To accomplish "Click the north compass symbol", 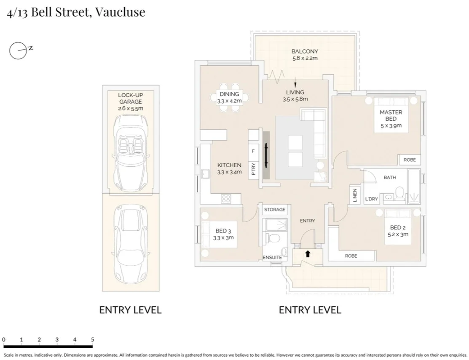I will pos(16,51).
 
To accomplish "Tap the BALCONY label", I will pos(305,52).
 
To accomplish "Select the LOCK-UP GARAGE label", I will pos(130,99).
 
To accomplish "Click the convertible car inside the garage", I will pos(131,152).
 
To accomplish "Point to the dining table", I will pos(229,101).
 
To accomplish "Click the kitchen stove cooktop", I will pos(226,198).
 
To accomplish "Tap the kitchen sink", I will pos(205,173).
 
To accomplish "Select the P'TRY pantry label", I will pos(253,169).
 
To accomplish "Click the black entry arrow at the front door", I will pos(308,254).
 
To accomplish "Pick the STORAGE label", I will pos(274,210).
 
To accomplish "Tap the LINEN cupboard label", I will pos(355,195).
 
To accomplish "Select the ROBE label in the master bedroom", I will pos(409,160).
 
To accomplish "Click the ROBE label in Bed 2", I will pos(351,256).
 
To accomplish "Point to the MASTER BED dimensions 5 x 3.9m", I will pos(391,125).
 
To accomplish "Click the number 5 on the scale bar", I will pos(92,339).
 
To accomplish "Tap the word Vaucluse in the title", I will pos(120,12).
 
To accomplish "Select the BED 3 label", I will pos(223,231).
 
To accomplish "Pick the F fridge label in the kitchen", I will pos(253,151).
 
